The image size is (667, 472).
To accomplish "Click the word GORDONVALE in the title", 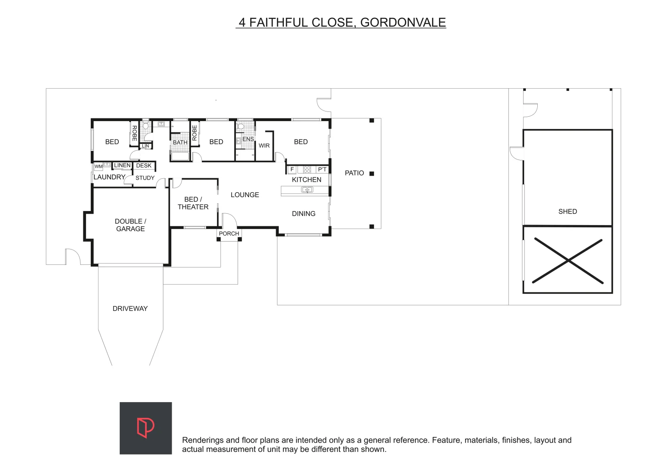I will pos(403,23).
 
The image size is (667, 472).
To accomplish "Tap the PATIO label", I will pos(354,173).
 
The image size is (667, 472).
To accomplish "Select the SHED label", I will pos(567,212).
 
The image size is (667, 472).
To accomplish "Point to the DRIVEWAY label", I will pos(130,309).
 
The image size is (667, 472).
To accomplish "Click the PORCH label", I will pos(229,234).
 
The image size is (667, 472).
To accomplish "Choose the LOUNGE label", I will pos(245,195).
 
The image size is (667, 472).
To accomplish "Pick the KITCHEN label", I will pos(307,180).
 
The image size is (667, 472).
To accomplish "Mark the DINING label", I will pos(304,214).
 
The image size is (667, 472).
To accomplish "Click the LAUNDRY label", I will pos(109,177).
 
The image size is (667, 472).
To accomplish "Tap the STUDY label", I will pos(145,178).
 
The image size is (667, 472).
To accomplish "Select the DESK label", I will pos(144,166).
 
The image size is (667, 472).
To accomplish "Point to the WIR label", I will pos(264,146).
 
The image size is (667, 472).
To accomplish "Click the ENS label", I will pos(248,139).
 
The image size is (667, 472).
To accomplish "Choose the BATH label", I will pos(180,142).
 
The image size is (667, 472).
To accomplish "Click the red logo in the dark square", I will pos(145,428).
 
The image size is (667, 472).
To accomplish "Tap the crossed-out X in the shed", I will pos(567,260).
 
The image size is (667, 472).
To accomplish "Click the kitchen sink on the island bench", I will pos(307,190).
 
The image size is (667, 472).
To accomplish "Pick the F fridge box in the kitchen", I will pos(292,170).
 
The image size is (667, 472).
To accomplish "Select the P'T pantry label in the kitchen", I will pos(322,170).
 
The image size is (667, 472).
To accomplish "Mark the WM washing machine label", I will pos(99,167).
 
